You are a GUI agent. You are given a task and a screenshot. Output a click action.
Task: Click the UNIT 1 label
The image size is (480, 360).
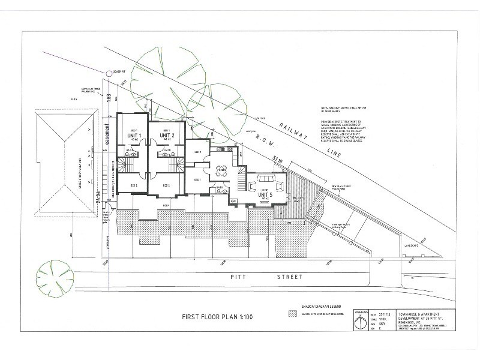(x=133, y=136)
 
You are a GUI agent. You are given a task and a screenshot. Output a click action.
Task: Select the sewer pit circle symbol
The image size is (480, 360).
(x=109, y=73)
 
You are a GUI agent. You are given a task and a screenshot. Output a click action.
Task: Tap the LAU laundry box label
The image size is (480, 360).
(x=234, y=200)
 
